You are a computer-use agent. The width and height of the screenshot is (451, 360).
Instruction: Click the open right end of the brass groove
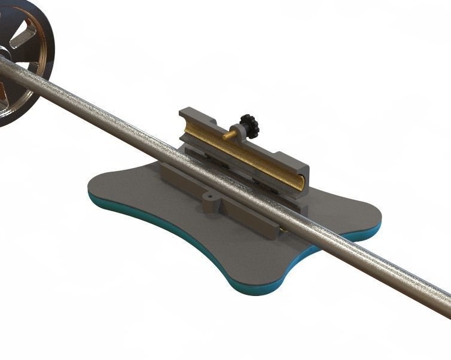[301, 181]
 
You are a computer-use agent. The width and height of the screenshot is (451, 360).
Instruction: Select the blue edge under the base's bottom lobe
[251, 290]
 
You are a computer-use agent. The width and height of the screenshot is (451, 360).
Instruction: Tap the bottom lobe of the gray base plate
[257, 269]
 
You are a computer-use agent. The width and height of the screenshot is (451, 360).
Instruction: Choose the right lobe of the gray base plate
[353, 215]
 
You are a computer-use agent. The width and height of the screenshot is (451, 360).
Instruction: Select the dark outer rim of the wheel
[44, 36]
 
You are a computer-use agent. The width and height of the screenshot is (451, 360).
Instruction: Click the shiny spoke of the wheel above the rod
[24, 39]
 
